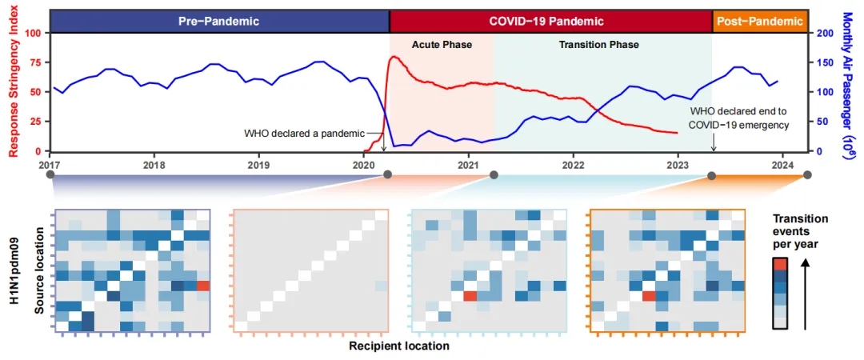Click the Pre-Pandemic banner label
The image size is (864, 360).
218,21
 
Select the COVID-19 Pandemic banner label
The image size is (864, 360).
546,21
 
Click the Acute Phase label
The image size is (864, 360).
442,45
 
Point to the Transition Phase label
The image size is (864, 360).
598,45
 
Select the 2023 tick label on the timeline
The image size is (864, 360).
678,164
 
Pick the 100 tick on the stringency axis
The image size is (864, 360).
33,33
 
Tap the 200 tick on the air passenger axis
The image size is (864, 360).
823,33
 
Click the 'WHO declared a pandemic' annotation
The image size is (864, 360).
304,133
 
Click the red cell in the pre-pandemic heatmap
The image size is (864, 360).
202,286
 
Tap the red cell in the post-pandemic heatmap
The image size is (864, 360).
648,296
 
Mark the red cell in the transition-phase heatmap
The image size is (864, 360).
470,296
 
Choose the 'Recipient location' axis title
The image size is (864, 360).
399,346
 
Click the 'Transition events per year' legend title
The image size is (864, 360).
801,233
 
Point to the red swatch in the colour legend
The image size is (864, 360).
782,265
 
